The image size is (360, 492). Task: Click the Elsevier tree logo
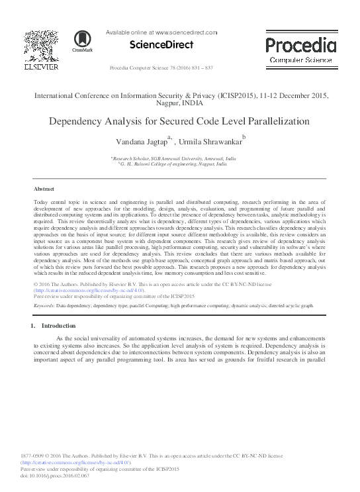[x=41, y=46]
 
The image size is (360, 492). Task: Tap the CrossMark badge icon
[x=82, y=42]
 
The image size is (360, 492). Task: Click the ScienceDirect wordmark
[x=161, y=45]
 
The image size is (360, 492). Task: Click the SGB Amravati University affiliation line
[x=175, y=159]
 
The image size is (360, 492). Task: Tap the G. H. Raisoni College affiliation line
[x=173, y=165]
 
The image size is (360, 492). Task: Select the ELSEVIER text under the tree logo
[x=41, y=67]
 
